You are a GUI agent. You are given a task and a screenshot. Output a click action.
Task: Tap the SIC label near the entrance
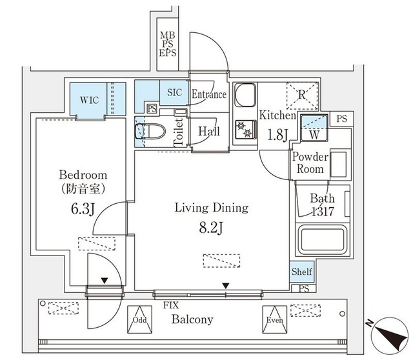[175, 93]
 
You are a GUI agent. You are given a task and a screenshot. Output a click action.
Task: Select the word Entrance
[209, 95]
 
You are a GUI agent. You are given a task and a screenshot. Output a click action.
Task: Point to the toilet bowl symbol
[143, 132]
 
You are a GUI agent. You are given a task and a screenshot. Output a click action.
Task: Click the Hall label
[209, 132]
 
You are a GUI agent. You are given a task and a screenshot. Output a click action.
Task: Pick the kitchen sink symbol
[245, 97]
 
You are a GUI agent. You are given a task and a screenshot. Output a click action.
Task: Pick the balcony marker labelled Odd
[139, 319]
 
